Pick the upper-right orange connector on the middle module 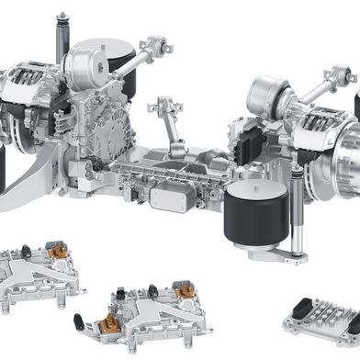click(175, 287)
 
